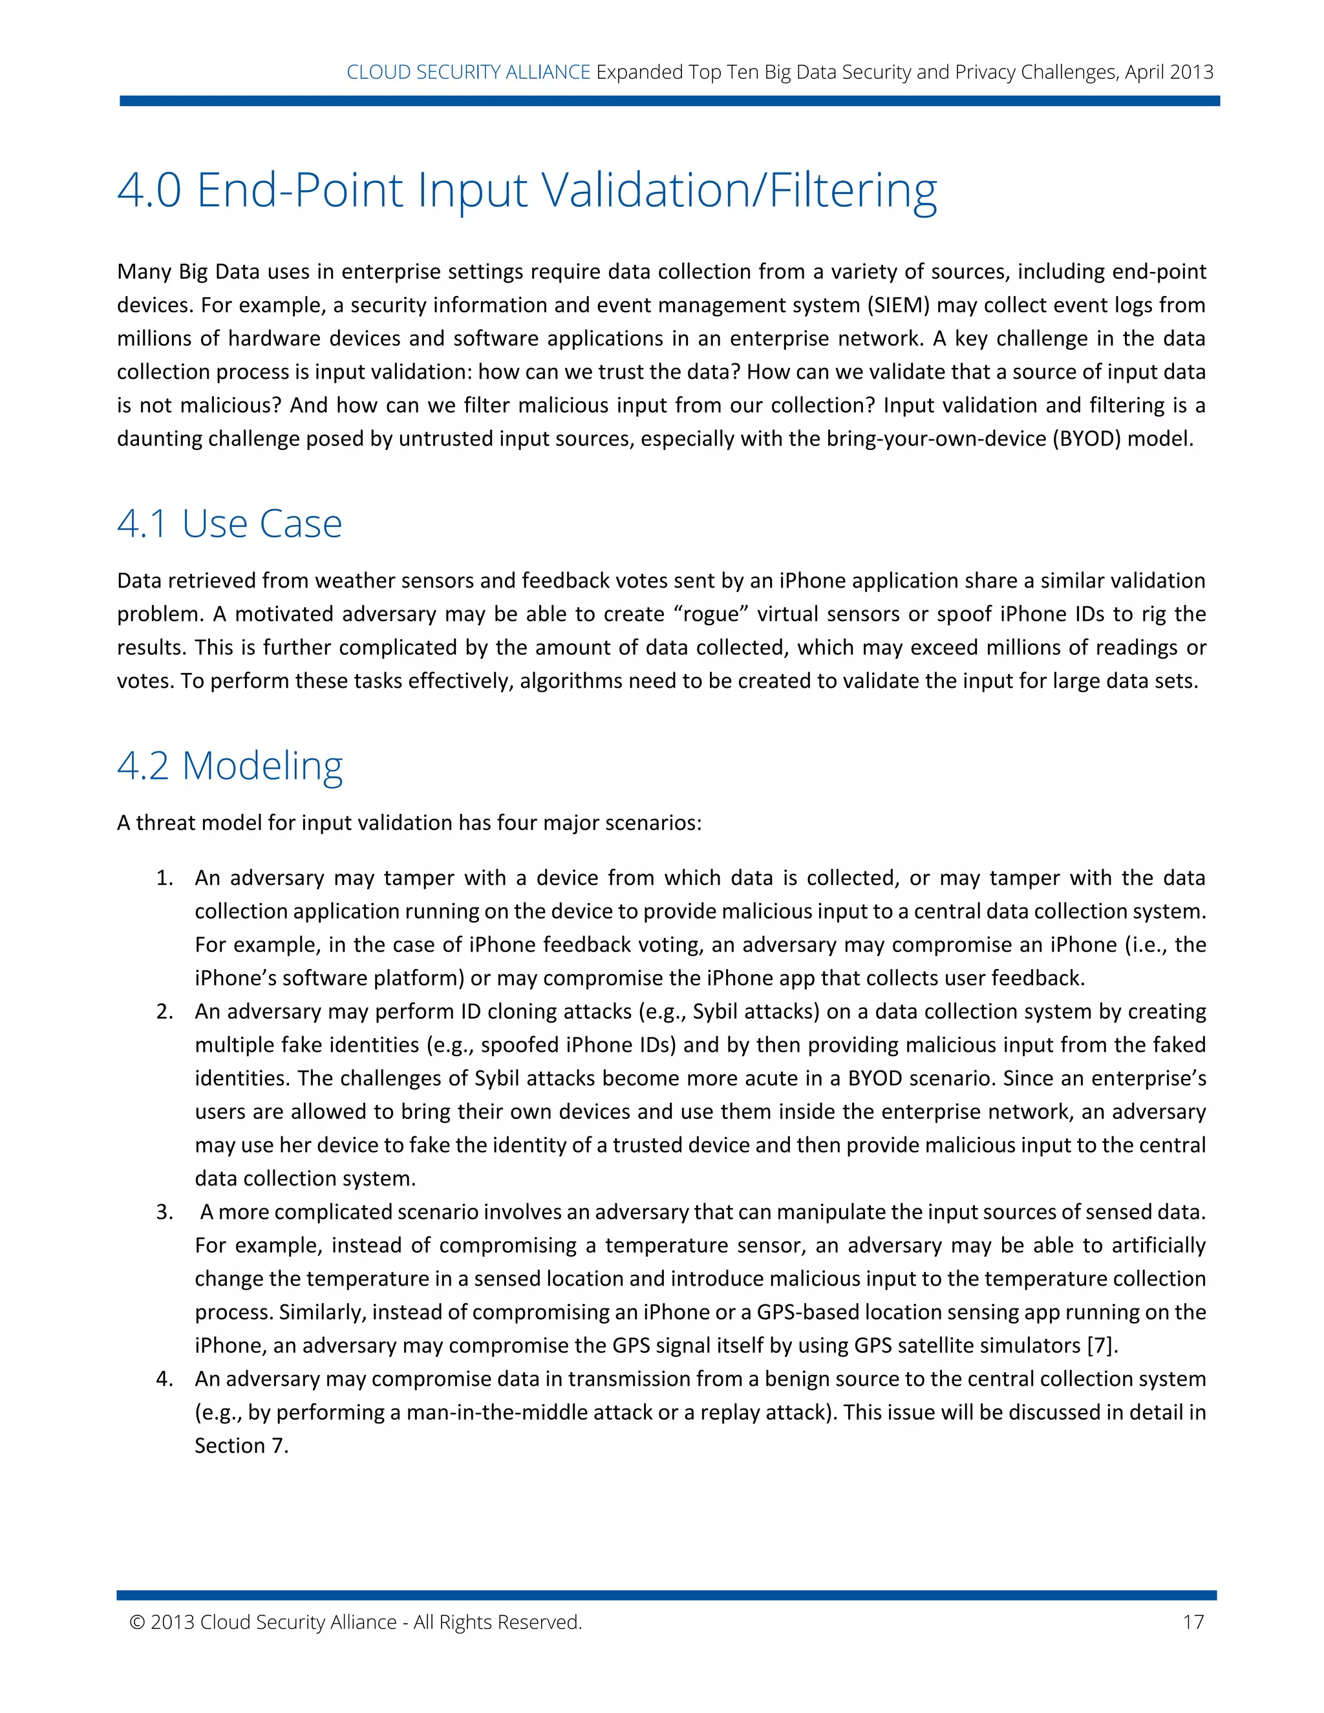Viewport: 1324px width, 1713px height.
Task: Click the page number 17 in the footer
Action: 1193,1622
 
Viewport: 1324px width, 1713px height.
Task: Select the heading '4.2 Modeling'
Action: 230,765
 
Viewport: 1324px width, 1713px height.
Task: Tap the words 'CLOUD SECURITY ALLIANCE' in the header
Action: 468,72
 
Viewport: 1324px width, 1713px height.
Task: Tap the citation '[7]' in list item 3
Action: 1100,1345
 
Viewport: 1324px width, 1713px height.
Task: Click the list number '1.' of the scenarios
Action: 164,878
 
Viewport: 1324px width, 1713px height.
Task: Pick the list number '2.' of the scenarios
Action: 164,1011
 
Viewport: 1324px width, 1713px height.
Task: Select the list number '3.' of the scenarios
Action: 164,1212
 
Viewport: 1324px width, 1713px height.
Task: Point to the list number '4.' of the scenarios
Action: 164,1379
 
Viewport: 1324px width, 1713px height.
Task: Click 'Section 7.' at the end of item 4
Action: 242,1445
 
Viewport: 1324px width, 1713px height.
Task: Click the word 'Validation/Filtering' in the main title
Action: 740,190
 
